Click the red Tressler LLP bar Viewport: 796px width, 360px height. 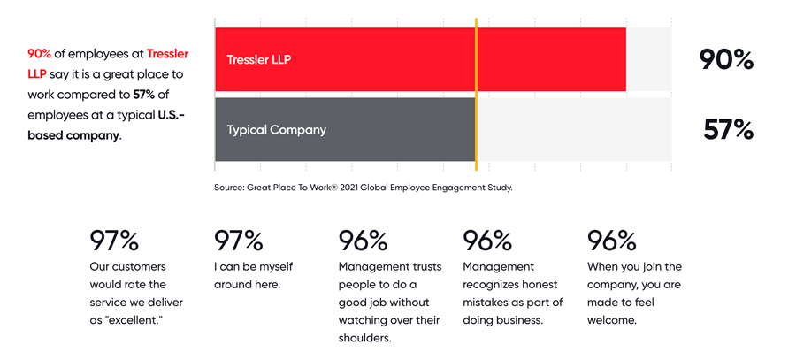pos(420,59)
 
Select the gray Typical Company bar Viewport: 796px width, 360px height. pos(345,129)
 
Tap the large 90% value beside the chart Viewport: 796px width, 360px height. pos(726,59)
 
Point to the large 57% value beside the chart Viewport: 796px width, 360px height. pos(729,130)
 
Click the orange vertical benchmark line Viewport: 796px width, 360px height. pos(476,95)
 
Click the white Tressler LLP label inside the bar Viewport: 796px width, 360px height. pos(259,59)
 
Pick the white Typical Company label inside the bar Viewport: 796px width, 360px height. pos(277,130)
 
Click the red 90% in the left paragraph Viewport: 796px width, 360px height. pos(40,54)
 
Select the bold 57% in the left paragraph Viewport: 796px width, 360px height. pos(144,95)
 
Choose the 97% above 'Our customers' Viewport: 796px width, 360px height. pos(114,241)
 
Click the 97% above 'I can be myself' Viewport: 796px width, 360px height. pos(239,241)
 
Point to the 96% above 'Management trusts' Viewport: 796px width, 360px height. pos(363,241)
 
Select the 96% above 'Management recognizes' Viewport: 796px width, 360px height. pos(487,241)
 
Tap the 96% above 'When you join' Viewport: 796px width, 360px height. pos(612,241)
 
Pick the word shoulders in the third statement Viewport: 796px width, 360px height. pos(365,339)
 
